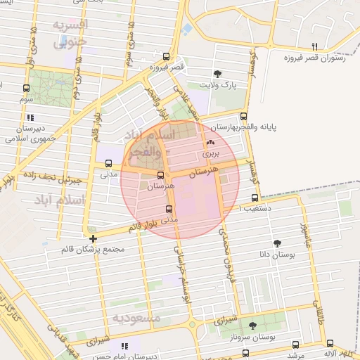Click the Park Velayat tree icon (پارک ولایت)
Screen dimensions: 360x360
tap(218, 73)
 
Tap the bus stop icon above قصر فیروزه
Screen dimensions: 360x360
tap(166, 56)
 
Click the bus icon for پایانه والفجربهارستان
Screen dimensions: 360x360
tap(244, 116)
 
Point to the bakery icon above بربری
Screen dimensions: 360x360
tap(211, 141)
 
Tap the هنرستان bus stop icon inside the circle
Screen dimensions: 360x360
tap(161, 176)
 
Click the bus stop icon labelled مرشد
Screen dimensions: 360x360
tap(295, 345)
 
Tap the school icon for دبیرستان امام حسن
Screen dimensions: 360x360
tap(125, 346)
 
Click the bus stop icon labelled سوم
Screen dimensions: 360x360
tap(26, 89)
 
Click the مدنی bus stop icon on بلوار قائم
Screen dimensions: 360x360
tap(167, 209)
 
